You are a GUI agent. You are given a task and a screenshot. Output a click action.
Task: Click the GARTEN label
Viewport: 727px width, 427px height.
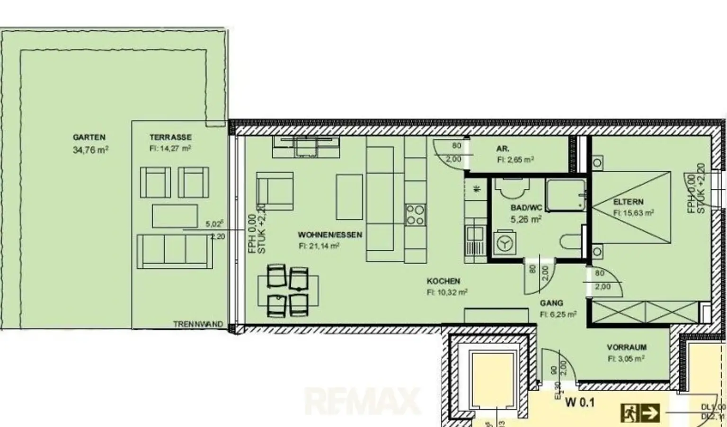pos(89,137)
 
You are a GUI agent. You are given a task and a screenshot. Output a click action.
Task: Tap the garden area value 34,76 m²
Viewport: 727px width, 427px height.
pos(90,150)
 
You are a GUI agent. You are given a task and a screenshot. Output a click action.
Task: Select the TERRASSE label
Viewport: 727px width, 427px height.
pos(170,137)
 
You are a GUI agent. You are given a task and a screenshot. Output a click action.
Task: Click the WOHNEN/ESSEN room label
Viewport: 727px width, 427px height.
pos(330,235)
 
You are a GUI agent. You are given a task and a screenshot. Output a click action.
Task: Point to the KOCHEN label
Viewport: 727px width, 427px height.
pos(443,281)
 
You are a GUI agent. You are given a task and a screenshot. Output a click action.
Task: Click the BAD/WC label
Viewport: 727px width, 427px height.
pos(526,208)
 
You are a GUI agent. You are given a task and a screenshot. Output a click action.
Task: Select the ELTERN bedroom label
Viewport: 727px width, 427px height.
pos(628,202)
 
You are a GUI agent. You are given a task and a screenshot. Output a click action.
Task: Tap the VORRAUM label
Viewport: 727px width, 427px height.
pos(627,347)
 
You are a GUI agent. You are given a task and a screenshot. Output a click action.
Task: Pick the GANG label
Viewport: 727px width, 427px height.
pos(551,303)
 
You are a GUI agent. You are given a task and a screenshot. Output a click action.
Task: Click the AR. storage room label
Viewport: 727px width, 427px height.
pos(503,149)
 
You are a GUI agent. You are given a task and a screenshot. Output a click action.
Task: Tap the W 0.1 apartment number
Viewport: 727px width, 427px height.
pos(580,403)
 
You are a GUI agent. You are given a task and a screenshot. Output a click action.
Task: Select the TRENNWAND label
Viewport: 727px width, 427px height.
pos(198,324)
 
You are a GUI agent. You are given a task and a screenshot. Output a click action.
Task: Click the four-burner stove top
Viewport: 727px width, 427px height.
pos(415,214)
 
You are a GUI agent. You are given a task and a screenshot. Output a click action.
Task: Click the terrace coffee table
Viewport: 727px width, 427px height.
pos(175,216)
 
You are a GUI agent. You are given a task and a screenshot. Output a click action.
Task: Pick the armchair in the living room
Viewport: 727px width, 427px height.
pos(275,191)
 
